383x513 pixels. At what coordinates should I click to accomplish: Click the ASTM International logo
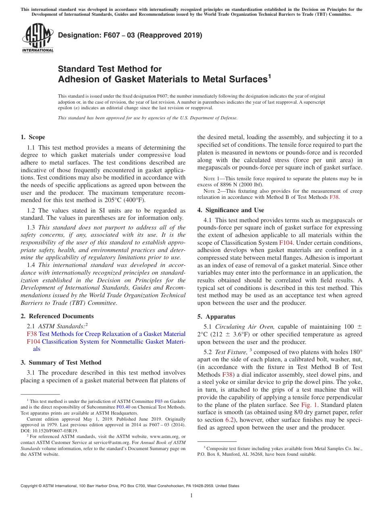pos(37,38)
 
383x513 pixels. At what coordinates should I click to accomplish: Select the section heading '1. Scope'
pos(33,137)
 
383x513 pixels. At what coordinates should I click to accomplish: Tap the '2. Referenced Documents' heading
pos(57,316)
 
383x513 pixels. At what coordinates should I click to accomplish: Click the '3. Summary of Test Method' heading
pos(61,362)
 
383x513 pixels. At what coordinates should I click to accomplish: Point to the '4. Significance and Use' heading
pos(231,210)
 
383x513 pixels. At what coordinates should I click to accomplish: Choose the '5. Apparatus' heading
pos(216,317)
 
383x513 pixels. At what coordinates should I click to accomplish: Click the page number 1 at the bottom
pos(191,495)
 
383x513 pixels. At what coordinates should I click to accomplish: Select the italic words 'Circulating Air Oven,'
pos(245,327)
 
